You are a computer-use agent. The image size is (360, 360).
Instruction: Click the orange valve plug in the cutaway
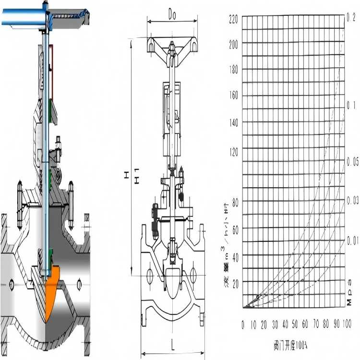coord(52,290)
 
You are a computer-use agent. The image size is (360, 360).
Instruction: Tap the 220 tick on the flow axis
coord(234,20)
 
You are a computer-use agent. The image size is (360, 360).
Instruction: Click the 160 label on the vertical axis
coord(234,96)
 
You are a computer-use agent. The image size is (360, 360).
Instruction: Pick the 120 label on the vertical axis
coord(234,152)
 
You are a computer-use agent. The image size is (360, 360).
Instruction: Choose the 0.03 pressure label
coord(352,199)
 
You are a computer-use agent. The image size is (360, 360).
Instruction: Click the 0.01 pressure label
coord(352,240)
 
